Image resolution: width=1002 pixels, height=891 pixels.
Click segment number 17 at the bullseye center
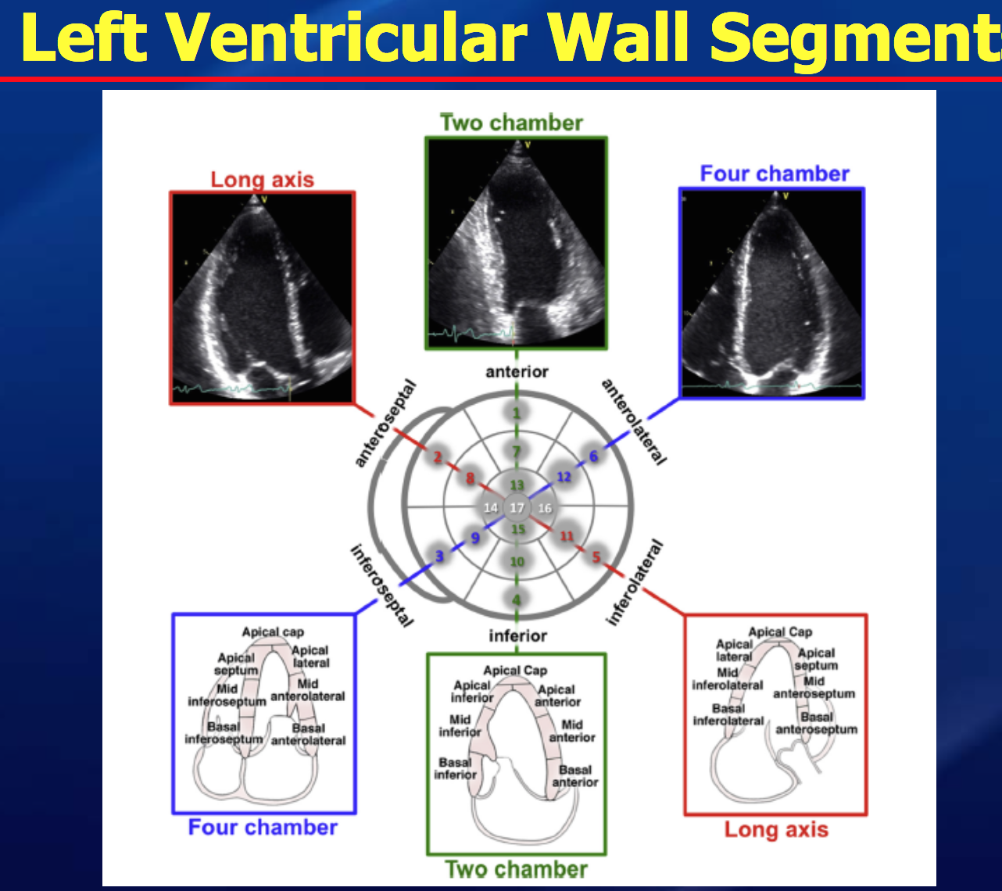point(517,508)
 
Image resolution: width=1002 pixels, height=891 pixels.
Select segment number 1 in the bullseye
point(517,413)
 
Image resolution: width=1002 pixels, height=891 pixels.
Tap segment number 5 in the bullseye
point(596,557)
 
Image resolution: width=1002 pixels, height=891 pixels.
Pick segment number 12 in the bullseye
point(564,477)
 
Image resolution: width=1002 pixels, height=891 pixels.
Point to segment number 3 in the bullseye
point(439,556)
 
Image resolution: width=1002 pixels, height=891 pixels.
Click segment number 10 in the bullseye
point(517,561)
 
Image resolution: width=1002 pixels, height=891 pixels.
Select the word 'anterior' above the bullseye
point(517,371)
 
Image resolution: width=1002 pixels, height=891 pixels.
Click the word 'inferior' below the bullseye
point(517,635)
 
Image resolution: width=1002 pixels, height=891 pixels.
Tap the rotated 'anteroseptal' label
point(385,424)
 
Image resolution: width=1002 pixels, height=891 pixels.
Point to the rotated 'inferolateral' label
point(635,583)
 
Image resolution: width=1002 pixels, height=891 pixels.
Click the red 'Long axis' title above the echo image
point(262,180)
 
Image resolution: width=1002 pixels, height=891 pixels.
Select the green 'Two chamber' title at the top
point(511,123)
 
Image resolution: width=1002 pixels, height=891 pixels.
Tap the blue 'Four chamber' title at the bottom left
point(263,827)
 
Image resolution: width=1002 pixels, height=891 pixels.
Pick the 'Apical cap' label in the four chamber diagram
point(273,632)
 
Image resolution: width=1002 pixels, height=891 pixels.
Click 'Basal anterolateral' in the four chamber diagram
point(308,734)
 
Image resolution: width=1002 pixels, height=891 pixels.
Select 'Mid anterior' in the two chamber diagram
point(572,731)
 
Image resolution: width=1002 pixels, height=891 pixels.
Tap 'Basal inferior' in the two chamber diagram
point(455,768)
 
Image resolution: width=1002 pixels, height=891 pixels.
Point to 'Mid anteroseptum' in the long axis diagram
point(814,687)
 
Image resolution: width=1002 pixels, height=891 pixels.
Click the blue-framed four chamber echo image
point(772,293)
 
